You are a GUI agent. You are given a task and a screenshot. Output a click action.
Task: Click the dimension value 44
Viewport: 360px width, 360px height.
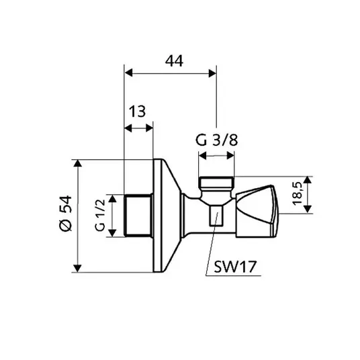(x=174, y=61)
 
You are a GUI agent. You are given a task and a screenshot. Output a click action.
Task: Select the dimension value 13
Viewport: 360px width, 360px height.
(x=137, y=111)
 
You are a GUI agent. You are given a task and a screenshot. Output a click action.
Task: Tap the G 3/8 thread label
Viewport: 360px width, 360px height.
(x=216, y=140)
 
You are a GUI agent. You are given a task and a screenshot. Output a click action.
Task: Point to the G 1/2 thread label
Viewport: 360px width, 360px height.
(x=100, y=216)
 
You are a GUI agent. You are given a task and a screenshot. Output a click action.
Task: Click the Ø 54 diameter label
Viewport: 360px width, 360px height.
(x=65, y=214)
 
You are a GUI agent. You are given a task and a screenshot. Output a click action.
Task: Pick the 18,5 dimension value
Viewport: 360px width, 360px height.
(x=298, y=193)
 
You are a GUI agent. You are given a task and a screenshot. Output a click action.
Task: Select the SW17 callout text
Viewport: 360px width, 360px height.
(x=235, y=267)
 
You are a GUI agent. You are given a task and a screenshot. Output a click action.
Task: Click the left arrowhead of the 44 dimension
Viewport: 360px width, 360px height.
(x=129, y=73)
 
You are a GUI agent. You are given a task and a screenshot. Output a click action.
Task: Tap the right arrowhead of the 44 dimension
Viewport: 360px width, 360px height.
(x=212, y=73)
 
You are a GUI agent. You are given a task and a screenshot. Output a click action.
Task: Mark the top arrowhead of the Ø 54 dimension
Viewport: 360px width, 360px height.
(x=78, y=164)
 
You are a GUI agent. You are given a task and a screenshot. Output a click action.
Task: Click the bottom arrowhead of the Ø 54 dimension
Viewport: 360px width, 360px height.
(x=78, y=268)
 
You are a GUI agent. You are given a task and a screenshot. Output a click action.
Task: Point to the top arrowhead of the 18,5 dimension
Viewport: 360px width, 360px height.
(x=308, y=180)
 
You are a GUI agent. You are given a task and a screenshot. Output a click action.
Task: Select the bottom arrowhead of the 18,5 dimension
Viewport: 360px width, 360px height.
(x=308, y=210)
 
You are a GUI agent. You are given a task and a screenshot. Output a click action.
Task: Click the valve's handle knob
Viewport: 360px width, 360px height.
(x=257, y=211)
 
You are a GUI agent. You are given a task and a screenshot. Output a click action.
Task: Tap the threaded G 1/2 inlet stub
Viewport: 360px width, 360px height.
(x=138, y=216)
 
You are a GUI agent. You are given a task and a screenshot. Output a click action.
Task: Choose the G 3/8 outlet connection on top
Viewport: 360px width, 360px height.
(x=216, y=186)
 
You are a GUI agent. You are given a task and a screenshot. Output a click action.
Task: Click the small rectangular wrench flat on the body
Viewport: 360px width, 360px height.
(x=216, y=215)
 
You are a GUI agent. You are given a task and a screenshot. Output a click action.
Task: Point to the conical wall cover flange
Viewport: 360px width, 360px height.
(x=167, y=216)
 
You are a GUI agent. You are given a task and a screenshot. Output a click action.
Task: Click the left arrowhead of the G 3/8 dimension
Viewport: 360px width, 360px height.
(x=203, y=156)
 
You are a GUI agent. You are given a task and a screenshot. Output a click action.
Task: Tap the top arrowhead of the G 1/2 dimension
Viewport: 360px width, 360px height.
(x=112, y=199)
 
